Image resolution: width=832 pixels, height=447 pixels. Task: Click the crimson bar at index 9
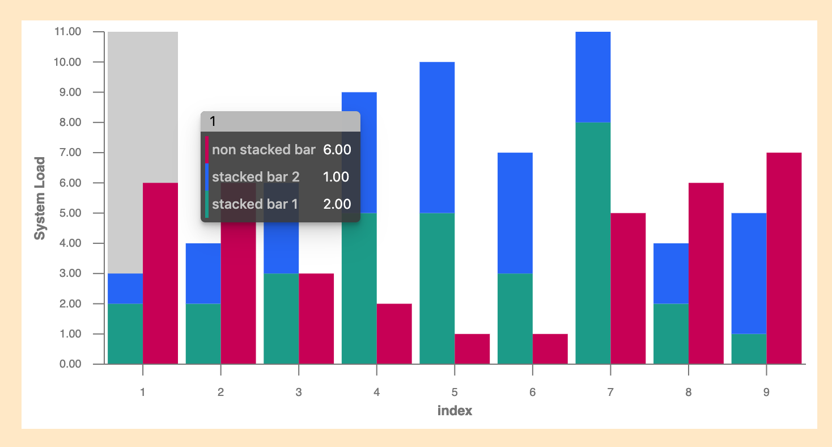784,258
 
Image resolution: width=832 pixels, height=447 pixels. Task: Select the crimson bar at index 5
472,349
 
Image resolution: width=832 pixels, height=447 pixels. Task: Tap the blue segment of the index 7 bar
593,77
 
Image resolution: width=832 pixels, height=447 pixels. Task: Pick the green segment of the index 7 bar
593,243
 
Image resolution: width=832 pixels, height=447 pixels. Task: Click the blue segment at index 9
749,273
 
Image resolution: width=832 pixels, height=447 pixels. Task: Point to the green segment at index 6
515,318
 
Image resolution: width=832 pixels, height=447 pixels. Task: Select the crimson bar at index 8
706,273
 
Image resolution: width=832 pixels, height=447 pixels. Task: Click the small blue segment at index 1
125,288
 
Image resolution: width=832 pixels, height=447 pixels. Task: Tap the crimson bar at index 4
394,334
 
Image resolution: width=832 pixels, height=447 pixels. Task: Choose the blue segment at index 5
437,137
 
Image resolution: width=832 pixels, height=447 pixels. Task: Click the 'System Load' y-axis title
40,198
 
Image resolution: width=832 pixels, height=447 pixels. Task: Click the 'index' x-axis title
455,411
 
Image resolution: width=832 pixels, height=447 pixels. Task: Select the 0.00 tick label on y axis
70,364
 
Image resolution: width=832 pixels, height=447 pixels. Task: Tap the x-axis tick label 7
610,392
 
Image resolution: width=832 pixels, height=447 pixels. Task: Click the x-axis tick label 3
299,392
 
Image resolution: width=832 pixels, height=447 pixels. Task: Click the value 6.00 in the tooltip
337,150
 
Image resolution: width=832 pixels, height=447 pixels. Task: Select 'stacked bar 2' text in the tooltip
256,177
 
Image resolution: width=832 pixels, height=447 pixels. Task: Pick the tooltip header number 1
213,121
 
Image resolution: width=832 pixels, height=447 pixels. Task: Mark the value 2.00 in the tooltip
337,204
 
